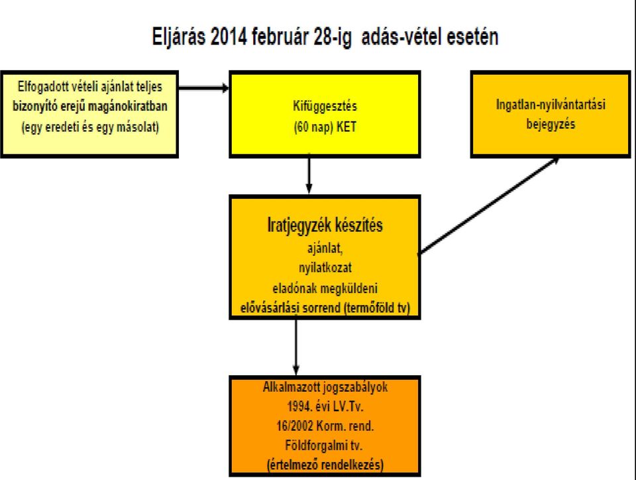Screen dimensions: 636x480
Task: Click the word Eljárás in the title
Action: pyautogui.click(x=178, y=37)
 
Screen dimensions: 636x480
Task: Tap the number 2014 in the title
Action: pyautogui.click(x=229, y=36)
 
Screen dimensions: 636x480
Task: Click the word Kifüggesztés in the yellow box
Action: pyautogui.click(x=325, y=106)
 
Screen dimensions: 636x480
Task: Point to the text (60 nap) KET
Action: pyautogui.click(x=325, y=127)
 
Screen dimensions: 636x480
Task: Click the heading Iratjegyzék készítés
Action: pyautogui.click(x=325, y=225)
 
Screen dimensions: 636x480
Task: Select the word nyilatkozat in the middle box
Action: pyautogui.click(x=325, y=268)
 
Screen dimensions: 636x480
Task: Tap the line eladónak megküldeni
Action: pyautogui.click(x=325, y=288)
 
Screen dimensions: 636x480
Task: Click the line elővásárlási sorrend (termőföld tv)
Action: pyautogui.click(x=325, y=308)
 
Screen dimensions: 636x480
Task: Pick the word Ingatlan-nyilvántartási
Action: pyautogui.click(x=551, y=105)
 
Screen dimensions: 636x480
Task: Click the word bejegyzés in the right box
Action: pyautogui.click(x=551, y=124)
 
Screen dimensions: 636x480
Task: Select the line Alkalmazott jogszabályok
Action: pyautogui.click(x=325, y=387)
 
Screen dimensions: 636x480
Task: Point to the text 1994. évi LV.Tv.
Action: pyautogui.click(x=325, y=406)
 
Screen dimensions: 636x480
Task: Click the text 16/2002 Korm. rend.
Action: pyautogui.click(x=325, y=426)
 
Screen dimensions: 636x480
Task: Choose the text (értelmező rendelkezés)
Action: pyautogui.click(x=325, y=465)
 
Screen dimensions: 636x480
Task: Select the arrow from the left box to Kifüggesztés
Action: pyautogui.click(x=203, y=88)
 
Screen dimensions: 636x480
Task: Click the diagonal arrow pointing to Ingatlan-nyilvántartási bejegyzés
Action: pyautogui.click(x=489, y=206)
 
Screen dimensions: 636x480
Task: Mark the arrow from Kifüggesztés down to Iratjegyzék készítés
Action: pyautogui.click(x=309, y=174)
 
